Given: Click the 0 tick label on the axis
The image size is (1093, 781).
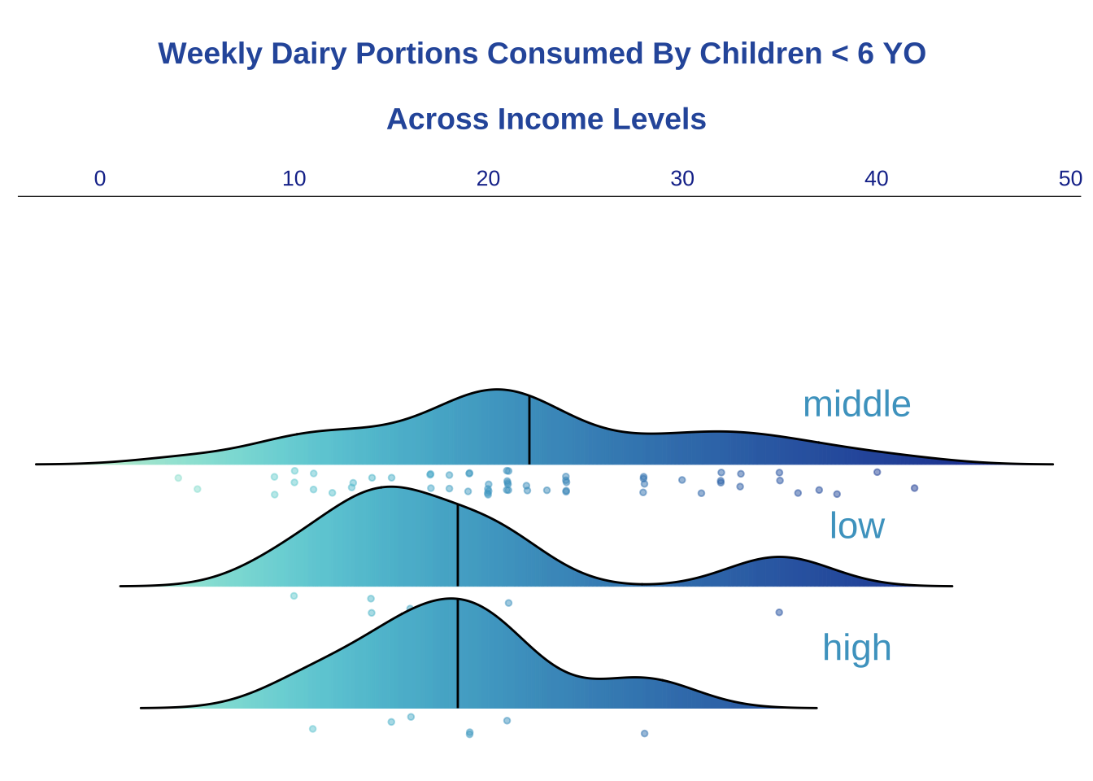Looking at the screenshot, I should point(100,179).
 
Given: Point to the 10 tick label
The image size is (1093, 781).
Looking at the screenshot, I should point(294,179).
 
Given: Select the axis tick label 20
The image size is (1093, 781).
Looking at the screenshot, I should point(488,179).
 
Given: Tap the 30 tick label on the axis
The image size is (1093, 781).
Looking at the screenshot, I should point(682,179).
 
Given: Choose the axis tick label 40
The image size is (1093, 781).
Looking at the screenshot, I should point(877,179).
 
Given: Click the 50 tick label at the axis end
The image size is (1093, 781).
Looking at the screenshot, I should point(1070,179).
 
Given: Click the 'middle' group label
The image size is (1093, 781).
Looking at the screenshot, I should point(856,404).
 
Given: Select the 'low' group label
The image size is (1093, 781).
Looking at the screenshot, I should point(856,526).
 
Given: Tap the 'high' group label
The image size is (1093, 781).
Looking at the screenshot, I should point(856,648).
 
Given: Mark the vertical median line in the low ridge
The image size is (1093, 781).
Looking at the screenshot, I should point(458,545).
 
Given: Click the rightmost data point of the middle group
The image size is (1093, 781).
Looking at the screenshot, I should point(914,488).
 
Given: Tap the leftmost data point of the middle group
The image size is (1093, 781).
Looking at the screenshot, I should point(178,478).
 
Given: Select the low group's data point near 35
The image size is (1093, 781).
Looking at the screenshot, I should point(779,612).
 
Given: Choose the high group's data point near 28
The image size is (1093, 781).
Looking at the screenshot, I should point(644,733).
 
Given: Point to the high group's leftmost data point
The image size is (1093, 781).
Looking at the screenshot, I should point(313,729).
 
